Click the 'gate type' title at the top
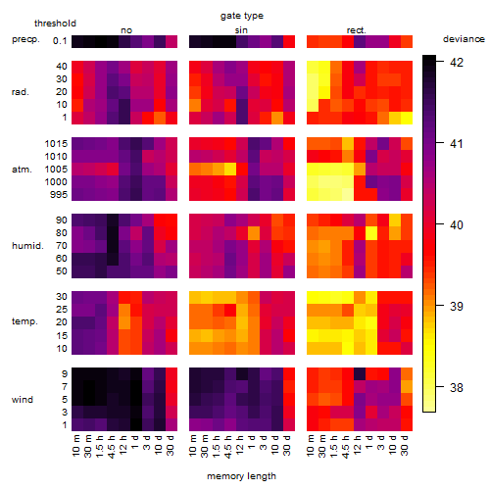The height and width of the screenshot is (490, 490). coord(242,16)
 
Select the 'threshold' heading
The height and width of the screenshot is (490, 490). coord(55,24)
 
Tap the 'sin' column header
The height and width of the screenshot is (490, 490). coord(241,30)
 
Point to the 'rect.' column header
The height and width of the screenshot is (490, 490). coord(357,30)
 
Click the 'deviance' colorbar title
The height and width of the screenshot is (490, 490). coord(464,39)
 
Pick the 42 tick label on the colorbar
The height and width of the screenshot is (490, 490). coord(457,62)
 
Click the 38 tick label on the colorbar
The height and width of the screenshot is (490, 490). coord(457,388)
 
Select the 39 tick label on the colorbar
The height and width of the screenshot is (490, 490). coord(457,307)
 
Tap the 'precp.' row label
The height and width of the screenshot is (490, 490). coord(25,39)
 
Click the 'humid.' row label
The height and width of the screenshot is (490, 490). coord(27,246)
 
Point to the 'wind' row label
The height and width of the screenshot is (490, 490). coord(23,400)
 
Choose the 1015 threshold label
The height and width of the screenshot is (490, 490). coord(56,144)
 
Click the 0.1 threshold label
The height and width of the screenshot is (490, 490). coord(60,41)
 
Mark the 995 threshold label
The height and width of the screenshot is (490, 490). coord(59,195)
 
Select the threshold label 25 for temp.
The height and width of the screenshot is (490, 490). coord(62,309)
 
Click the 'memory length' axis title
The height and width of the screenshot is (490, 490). coord(242,476)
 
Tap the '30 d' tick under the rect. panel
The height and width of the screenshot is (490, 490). coord(405,445)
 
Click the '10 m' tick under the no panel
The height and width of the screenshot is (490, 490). coord(75,445)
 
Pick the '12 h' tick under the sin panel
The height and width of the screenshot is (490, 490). coord(239,445)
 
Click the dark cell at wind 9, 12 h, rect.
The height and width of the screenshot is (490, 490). coord(360,374)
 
